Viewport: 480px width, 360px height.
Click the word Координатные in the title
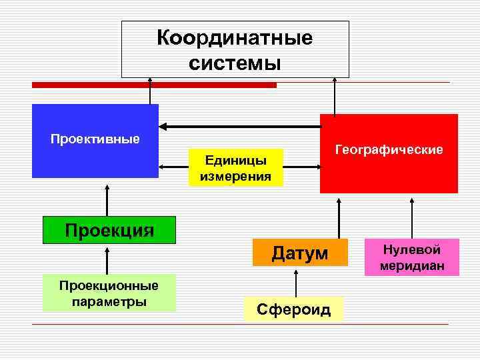pos(235,38)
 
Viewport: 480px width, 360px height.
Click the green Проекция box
pos(109,230)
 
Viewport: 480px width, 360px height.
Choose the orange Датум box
pos(300,253)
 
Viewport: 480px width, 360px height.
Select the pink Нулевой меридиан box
pos(411,257)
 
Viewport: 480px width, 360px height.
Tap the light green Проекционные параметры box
pos(109,293)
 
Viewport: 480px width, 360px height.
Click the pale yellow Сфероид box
pos(293,309)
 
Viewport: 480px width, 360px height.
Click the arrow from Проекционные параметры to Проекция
pos(107,259)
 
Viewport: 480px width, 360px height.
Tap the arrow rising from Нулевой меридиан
pos(412,217)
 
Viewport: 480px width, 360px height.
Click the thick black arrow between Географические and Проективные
pos(240,126)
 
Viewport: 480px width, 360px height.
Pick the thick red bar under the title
pos(154,85)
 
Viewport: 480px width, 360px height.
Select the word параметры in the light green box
pos(109,301)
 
